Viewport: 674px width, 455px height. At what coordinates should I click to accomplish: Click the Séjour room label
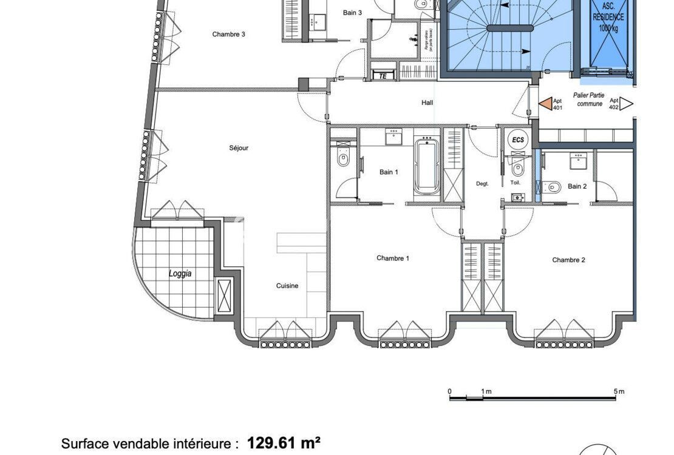pos(239,148)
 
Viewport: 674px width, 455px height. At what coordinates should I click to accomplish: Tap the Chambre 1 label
pos(392,258)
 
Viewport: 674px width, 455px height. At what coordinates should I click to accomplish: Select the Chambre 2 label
pos(568,260)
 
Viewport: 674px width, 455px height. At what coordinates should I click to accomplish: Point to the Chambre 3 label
pos(228,35)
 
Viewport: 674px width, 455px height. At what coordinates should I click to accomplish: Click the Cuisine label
pos(287,286)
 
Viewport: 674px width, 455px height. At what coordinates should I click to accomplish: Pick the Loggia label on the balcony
pos(180,274)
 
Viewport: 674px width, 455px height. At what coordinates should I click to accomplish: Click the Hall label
pos(427,103)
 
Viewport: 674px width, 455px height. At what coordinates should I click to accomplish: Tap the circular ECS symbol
pos(517,140)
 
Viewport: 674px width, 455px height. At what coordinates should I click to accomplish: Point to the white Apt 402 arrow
pos(627,104)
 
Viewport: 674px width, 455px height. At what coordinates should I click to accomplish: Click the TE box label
pos(383,76)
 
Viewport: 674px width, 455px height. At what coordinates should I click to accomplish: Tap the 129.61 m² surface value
pos(284,443)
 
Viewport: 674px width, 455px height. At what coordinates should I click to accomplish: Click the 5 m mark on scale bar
pos(618,391)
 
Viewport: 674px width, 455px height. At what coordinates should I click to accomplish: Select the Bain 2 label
pos(577,187)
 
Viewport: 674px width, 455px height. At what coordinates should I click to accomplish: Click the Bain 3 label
pos(352,13)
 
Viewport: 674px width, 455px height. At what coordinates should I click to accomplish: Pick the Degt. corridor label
pos(482,183)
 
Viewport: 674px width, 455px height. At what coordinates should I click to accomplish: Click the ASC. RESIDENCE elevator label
pos(608,18)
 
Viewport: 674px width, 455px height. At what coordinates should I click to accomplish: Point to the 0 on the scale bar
pos(449,391)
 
